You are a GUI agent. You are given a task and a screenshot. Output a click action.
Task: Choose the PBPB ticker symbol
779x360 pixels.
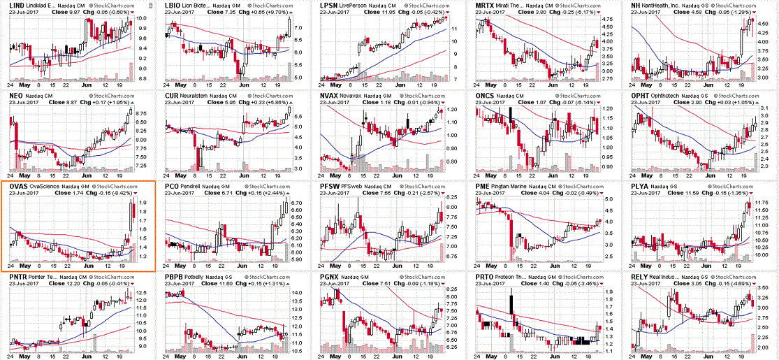coord(174,278)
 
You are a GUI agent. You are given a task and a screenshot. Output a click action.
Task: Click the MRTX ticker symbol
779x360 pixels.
coord(485,5)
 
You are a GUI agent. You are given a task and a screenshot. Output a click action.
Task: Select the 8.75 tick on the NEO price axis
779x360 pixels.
coord(140,112)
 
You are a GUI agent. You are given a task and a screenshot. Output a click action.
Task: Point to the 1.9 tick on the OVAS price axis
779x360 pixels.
coord(142,203)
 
